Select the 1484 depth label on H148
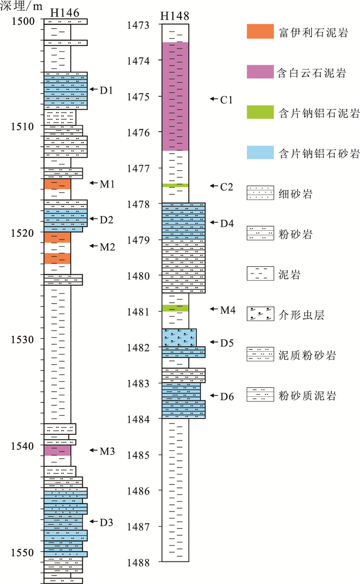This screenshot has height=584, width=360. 139,419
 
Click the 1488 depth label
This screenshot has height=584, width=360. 139,562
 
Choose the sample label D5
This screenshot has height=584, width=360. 227,342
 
